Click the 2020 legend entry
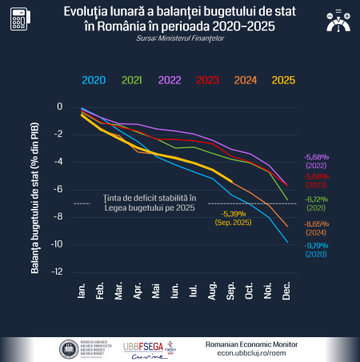pyautogui.click(x=94, y=78)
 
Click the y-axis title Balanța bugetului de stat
pyautogui.click(x=36, y=189)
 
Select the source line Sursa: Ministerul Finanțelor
pyautogui.click(x=180, y=37)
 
